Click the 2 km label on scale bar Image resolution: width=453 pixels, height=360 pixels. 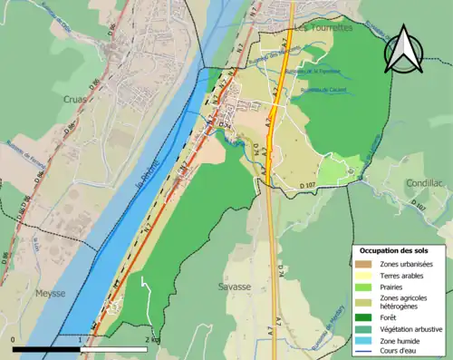click(x=151, y=340)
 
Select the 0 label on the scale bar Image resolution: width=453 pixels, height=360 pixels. click(x=14, y=340)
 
